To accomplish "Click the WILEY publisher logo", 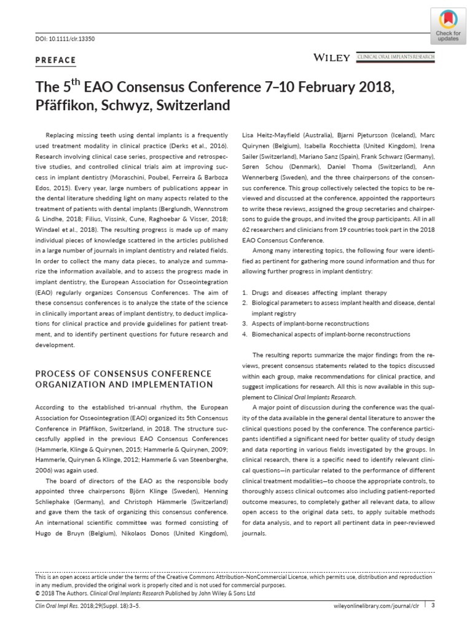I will tap(332, 58).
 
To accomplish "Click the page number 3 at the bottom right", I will tap(433, 605).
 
